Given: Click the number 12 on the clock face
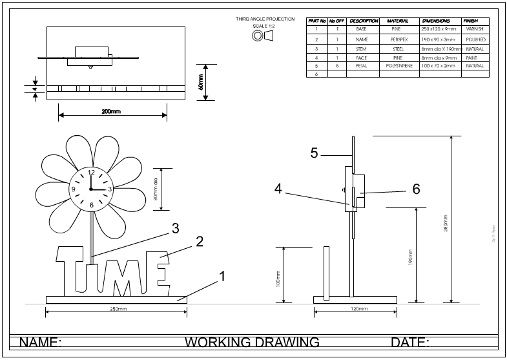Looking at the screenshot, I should pos(90,173).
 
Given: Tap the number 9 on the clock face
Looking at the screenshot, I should pos(74,189).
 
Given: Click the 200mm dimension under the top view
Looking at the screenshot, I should pos(111,111).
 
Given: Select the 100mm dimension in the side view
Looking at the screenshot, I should pos(278,277).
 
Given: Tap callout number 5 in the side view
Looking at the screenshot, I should pos(314,153).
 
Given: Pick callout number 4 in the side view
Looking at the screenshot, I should pos(278,189).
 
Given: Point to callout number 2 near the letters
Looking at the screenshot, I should pos(200,241).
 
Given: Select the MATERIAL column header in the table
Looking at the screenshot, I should pos(398,21).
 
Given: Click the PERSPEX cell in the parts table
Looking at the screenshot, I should pos(398,39).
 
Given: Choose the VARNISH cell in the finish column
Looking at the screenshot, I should pos(474,30).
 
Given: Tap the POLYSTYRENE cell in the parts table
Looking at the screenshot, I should pos(398,66).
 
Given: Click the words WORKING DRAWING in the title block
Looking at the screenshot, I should pos(252,342).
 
